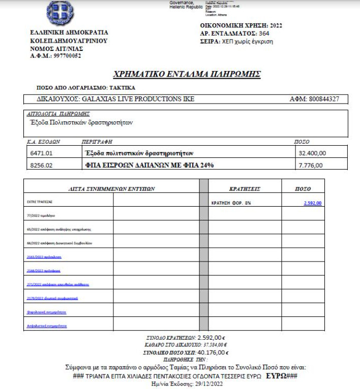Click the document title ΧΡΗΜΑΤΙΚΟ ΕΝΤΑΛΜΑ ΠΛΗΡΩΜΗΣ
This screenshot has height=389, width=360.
tap(187, 75)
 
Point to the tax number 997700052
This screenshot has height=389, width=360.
tap(64, 56)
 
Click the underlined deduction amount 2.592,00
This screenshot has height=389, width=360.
tap(313, 203)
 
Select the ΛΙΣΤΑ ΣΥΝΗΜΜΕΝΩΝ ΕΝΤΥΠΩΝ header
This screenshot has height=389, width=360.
tap(111, 188)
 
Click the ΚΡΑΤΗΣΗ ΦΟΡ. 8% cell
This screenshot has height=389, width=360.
tap(231, 203)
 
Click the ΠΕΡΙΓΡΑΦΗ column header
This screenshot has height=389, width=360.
tap(97, 142)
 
